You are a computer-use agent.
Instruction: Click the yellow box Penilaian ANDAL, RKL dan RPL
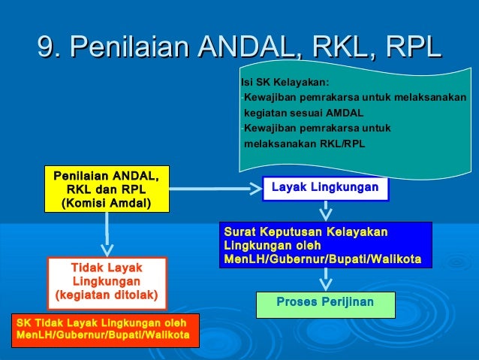(x=106, y=189)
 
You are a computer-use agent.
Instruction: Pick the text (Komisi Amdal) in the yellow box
(x=106, y=202)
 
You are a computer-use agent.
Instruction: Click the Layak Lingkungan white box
(x=325, y=188)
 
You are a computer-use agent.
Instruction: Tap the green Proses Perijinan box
(x=325, y=304)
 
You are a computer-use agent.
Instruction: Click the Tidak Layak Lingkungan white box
(x=106, y=282)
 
